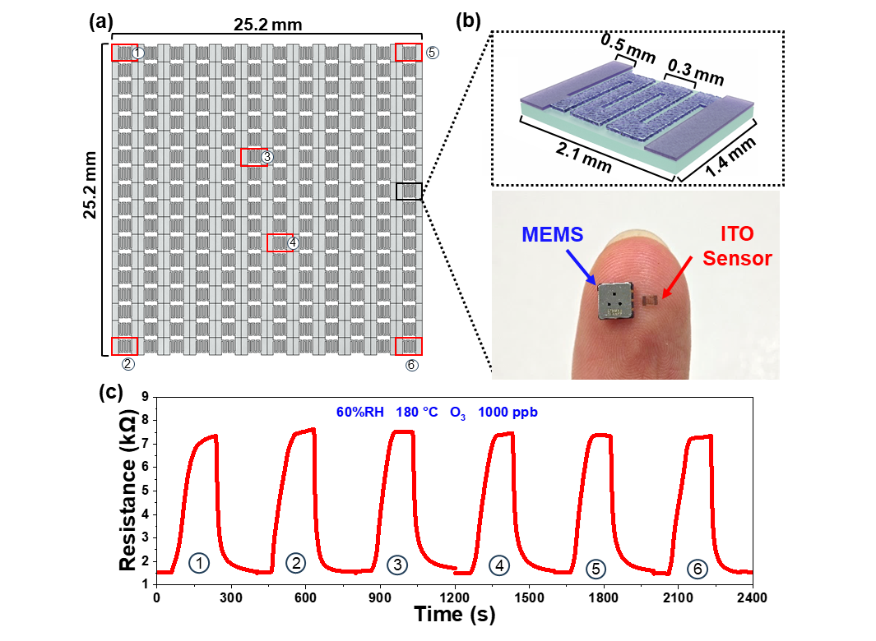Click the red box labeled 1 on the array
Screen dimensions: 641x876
point(124,53)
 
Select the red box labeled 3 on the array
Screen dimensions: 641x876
point(253,157)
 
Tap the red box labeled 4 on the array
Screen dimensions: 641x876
point(280,242)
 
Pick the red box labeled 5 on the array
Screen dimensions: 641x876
point(409,53)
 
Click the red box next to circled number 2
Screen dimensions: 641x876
point(124,346)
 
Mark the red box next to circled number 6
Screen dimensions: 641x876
point(409,346)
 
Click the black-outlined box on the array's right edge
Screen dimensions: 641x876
point(409,191)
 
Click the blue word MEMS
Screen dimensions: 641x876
point(552,234)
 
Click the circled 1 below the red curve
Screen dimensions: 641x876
point(198,563)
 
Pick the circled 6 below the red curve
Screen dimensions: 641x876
point(697,569)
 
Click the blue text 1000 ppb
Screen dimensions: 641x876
point(508,412)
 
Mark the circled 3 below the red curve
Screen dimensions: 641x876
point(397,565)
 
